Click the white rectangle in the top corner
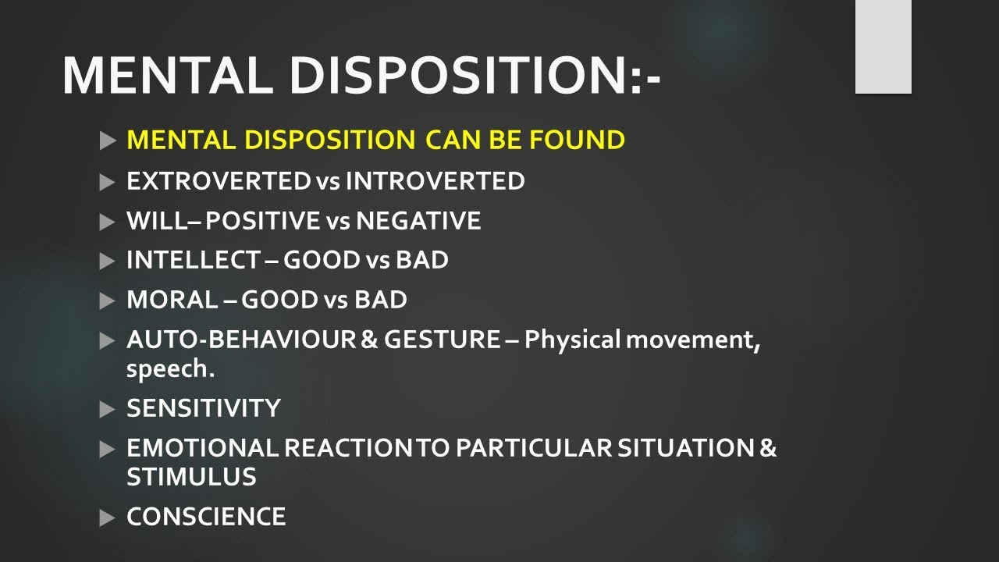tap(883, 47)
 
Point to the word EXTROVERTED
tap(219, 181)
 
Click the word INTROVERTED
tap(435, 181)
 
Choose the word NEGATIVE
tap(418, 221)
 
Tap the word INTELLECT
tap(193, 260)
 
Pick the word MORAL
tap(172, 300)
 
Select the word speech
tap(170, 369)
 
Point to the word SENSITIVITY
tap(203, 408)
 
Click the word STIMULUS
tap(191, 477)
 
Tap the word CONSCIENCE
tap(206, 517)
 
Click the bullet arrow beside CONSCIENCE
tap(108, 517)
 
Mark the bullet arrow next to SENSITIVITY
tap(108, 408)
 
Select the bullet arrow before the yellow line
tap(108, 141)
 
